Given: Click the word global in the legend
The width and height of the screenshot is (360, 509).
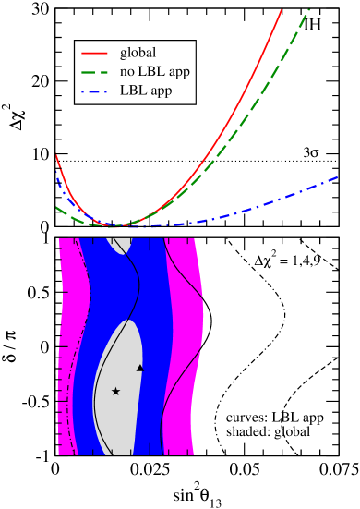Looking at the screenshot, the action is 138,53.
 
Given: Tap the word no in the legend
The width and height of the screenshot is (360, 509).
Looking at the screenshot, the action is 127,72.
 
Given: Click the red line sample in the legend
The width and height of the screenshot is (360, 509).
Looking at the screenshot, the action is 95,53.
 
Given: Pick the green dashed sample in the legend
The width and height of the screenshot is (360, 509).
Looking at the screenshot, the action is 95,72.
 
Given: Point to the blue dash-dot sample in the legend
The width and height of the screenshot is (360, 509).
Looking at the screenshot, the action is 95,91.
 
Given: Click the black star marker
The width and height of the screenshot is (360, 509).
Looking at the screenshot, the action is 115,392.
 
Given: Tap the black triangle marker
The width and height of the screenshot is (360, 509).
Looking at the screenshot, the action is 140,368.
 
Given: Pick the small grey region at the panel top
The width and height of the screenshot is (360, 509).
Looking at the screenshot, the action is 121,244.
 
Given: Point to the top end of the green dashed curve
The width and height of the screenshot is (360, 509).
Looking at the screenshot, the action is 309,10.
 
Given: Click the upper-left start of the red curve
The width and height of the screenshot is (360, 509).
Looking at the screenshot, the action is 56,155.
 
